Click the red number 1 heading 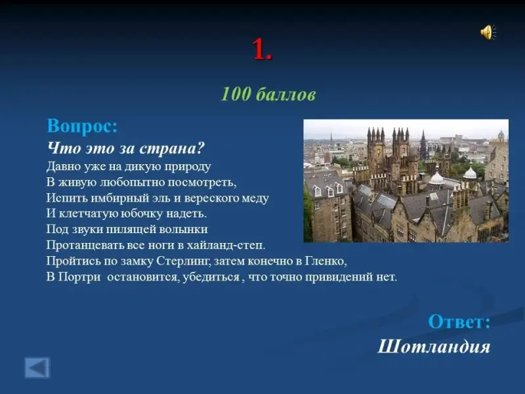[x=262, y=49]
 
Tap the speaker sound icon [x=488, y=32]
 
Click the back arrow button [x=37, y=368]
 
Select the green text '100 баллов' [x=268, y=94]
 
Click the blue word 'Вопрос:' [x=82, y=126]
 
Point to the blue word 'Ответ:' [x=459, y=321]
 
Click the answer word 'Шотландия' [x=434, y=346]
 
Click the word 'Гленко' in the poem [x=325, y=261]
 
